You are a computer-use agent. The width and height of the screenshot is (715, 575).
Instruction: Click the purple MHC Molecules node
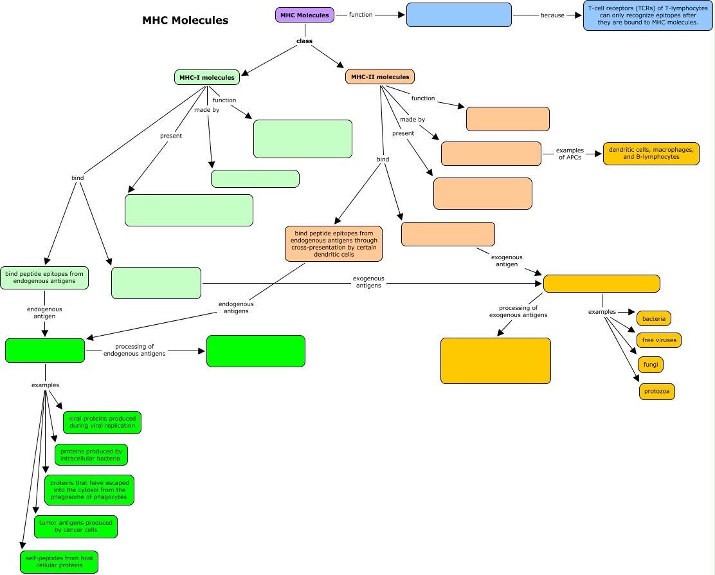[305, 15]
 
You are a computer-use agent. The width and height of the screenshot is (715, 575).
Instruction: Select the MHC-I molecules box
[207, 77]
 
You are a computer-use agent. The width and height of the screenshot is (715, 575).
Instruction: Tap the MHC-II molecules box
[380, 77]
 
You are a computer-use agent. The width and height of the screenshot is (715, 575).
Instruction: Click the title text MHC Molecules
[185, 21]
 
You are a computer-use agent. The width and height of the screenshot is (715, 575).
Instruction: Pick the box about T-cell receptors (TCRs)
[647, 16]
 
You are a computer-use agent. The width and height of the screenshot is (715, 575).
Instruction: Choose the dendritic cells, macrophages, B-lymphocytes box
[651, 154]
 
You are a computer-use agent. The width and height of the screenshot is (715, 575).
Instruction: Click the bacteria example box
[654, 318]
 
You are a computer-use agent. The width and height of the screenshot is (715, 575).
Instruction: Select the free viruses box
[658, 340]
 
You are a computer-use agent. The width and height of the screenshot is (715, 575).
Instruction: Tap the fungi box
[651, 365]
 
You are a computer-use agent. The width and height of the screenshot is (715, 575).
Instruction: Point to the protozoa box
[657, 391]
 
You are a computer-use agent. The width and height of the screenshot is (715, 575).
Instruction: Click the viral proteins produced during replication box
[102, 422]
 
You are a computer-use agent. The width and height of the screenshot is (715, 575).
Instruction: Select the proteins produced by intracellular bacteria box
[91, 455]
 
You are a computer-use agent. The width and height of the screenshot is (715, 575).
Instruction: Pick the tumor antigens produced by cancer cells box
[76, 527]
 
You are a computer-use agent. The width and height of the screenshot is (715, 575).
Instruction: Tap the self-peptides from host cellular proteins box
[59, 561]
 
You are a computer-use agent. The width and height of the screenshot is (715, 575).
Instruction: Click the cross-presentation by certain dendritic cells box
[334, 243]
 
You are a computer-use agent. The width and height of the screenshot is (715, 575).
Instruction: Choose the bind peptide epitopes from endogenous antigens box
[44, 277]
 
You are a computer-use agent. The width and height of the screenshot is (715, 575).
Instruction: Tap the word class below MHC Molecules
[304, 41]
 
